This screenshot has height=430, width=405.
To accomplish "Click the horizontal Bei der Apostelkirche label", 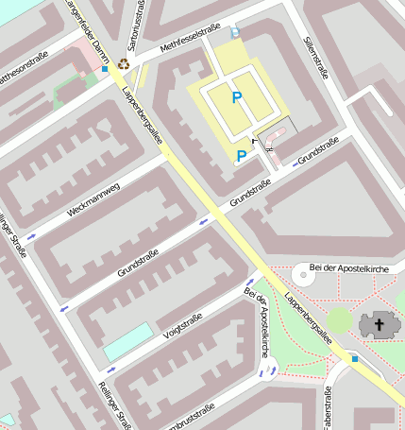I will (x=354, y=269).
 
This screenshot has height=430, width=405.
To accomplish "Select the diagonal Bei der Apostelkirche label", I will (x=258, y=322).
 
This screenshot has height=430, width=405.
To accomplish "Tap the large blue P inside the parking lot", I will (x=236, y=96).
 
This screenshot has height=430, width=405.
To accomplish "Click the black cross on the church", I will (x=380, y=325).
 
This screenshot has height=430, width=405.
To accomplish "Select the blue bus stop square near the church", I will (x=354, y=358).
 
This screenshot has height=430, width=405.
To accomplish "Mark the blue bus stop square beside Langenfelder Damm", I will (x=105, y=69).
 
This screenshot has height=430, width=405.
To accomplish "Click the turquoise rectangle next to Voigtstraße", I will (x=127, y=341).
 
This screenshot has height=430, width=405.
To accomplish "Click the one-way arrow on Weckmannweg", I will (x=31, y=235).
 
